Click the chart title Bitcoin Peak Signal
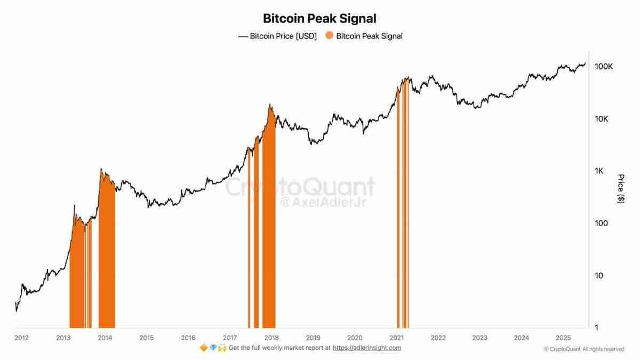(x=319, y=18)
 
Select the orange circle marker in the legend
(x=329, y=36)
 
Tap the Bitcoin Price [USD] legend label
(x=283, y=36)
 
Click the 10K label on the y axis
(x=602, y=119)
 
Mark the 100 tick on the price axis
(x=602, y=223)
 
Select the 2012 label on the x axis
(x=22, y=338)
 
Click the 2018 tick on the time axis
(x=271, y=338)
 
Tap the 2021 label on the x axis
(x=396, y=338)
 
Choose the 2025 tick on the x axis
(x=563, y=338)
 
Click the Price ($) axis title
(x=620, y=188)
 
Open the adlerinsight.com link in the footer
(x=367, y=348)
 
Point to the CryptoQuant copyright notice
(x=584, y=349)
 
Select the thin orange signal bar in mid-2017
(x=249, y=240)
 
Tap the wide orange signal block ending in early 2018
(x=269, y=224)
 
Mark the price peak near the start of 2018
(x=270, y=105)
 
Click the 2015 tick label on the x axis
(x=147, y=338)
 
